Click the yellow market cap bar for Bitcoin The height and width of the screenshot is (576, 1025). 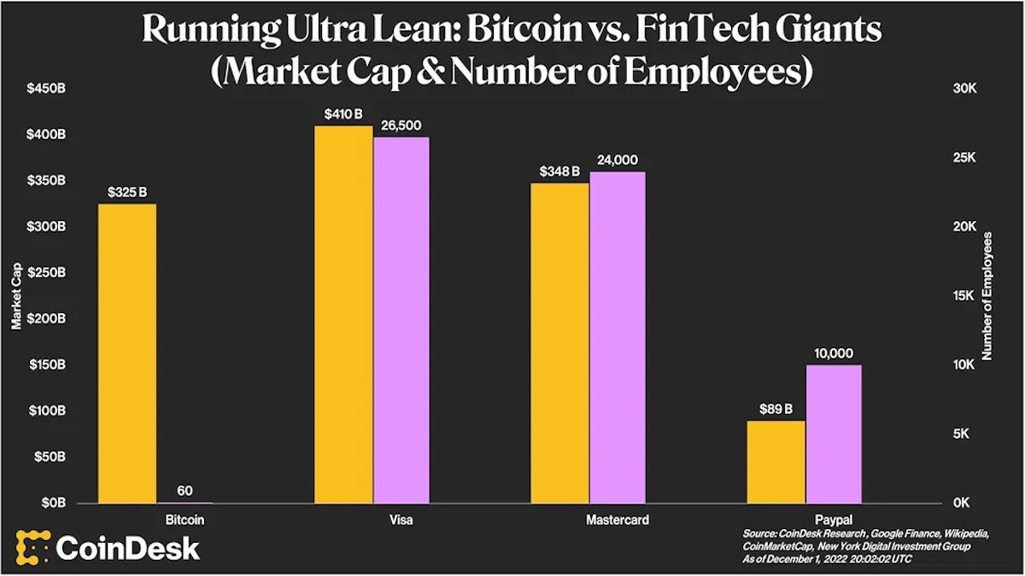point(127,353)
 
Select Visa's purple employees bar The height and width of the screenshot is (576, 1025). point(401,320)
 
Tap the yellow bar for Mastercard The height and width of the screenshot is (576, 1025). point(560,342)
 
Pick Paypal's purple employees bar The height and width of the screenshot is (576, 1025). point(834,433)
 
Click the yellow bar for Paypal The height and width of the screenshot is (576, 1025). point(776,462)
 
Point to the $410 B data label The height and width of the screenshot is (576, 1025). point(343,113)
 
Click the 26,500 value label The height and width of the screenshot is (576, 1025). point(401,125)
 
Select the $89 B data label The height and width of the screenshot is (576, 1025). point(776,408)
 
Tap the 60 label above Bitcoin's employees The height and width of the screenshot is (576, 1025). point(184,491)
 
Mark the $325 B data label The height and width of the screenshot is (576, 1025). point(127,192)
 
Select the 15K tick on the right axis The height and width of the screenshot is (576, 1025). point(964,296)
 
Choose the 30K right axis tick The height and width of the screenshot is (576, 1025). point(964,89)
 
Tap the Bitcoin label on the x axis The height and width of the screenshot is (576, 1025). point(184,519)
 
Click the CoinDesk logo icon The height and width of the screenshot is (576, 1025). point(32,547)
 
